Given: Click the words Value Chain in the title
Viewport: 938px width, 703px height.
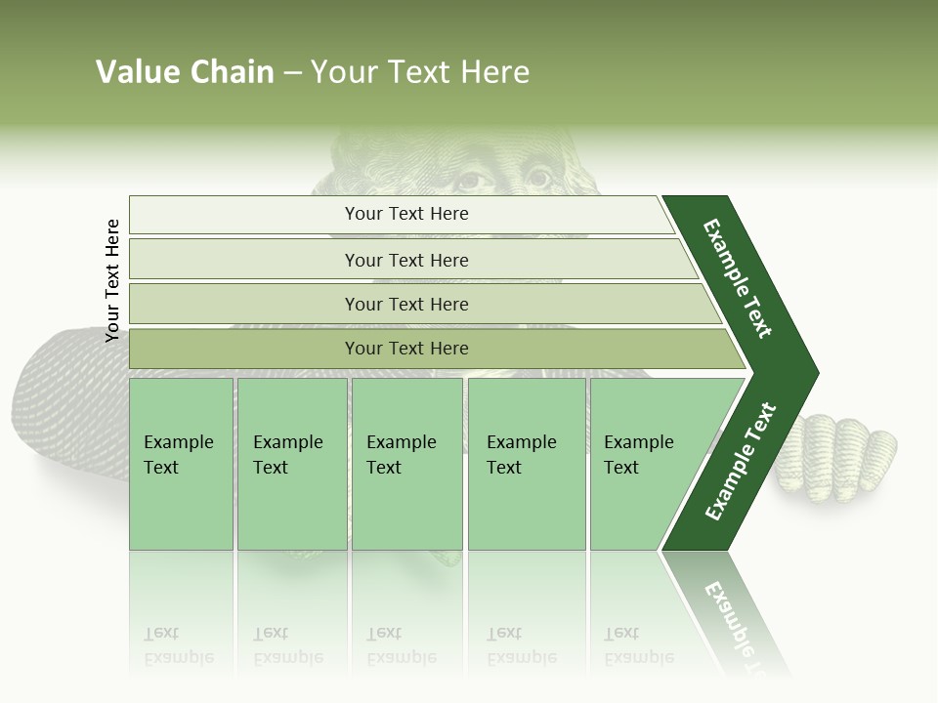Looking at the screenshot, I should pos(185,72).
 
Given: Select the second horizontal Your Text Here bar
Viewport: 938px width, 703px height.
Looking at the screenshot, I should pos(406,260).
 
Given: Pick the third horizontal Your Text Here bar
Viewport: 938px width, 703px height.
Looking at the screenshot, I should pos(406,304).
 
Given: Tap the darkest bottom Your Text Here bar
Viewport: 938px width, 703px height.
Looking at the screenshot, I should pos(406,348).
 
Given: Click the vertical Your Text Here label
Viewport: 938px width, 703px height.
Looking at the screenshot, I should pos(112,280).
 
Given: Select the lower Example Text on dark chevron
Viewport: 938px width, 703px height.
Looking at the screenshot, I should pos(741,462).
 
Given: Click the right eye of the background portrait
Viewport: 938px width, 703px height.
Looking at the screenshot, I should pos(538,178).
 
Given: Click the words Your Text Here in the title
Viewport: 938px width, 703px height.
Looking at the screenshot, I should pos(419,72).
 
